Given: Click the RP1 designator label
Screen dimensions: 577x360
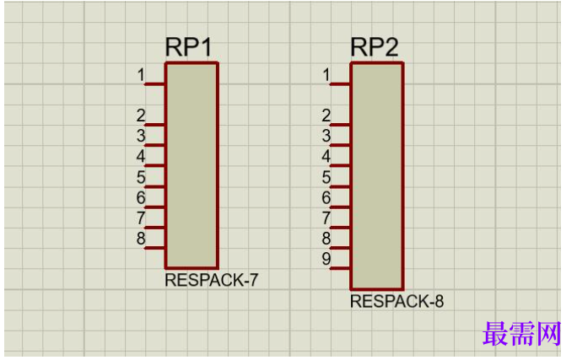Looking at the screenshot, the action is coord(189,47).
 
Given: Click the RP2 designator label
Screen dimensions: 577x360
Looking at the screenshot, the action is coord(375,47).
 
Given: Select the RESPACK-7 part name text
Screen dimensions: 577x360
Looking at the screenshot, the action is coord(211,280).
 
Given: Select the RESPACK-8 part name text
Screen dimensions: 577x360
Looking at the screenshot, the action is coord(396,301).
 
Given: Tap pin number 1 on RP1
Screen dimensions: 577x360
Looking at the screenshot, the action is coord(141,75).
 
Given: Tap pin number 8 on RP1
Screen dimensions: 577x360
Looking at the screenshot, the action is coord(141,239).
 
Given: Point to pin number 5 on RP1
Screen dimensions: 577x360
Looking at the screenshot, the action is coord(141,177).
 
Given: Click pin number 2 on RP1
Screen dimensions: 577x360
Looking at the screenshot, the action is coord(141,116).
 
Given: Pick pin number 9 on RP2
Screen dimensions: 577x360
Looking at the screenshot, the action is coord(326,259).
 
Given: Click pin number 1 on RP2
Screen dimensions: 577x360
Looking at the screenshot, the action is coord(326,75).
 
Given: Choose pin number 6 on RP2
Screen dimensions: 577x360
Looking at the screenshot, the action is coord(326,197).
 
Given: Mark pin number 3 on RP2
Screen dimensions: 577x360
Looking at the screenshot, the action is coord(326,136).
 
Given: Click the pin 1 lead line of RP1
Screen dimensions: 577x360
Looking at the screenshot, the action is coord(154,84).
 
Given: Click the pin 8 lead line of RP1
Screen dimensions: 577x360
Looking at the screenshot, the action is coord(154,248).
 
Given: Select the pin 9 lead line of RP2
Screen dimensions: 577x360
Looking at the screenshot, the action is coord(340,268).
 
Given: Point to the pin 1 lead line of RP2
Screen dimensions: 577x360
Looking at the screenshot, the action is coord(340,84).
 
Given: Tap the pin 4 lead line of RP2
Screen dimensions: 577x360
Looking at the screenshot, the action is coord(340,166).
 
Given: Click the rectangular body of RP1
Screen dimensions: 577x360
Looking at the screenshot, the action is coord(191,165).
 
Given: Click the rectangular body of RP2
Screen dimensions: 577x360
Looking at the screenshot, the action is coord(377,175).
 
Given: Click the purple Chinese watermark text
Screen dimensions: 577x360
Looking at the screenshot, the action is coord(521,334).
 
